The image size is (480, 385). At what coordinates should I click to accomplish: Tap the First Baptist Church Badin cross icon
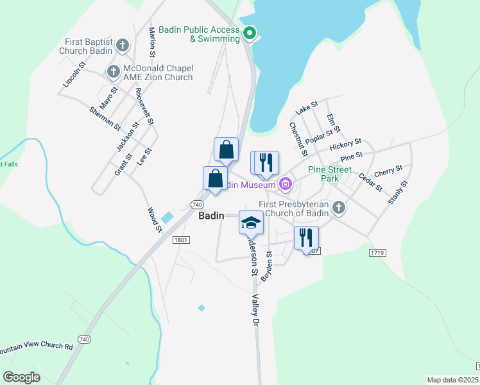[123, 46]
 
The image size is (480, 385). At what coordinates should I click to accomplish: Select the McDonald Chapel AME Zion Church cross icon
[113, 71]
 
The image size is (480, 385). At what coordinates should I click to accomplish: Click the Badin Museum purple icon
[286, 185]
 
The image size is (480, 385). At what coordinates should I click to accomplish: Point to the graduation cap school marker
[251, 223]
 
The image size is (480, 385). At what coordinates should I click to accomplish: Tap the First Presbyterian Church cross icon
[339, 208]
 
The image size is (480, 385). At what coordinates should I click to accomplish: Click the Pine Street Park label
[330, 174]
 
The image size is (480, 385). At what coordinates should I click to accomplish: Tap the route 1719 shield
[377, 253]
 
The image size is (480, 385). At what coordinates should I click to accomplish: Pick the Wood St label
[155, 219]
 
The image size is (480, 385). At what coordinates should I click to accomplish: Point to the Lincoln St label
[74, 75]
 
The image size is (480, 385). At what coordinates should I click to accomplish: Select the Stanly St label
[398, 193]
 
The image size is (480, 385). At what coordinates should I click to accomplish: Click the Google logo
[21, 377]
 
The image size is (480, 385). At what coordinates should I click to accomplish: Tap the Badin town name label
[211, 216]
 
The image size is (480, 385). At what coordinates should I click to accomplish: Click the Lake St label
[307, 106]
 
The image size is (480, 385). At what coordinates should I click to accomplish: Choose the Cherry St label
[388, 171]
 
